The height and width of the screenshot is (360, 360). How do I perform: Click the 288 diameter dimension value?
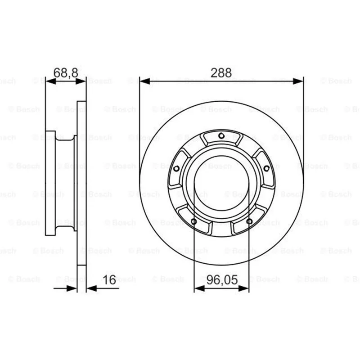[x=221, y=73]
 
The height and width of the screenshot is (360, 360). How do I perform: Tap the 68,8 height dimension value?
[x=66, y=73]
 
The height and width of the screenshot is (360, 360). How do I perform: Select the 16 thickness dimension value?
[x=109, y=279]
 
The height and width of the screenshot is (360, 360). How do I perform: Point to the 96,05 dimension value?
[x=222, y=280]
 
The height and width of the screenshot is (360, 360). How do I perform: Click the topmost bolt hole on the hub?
[x=221, y=136]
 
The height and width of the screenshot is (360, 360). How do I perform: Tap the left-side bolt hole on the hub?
[x=176, y=169]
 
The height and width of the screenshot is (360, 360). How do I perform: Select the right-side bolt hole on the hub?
[x=266, y=168]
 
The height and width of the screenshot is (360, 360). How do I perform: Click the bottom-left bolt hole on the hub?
[x=194, y=221]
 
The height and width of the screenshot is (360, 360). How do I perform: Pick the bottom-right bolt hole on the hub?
[x=249, y=221]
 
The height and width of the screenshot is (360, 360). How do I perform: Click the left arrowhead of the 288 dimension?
[x=144, y=81]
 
